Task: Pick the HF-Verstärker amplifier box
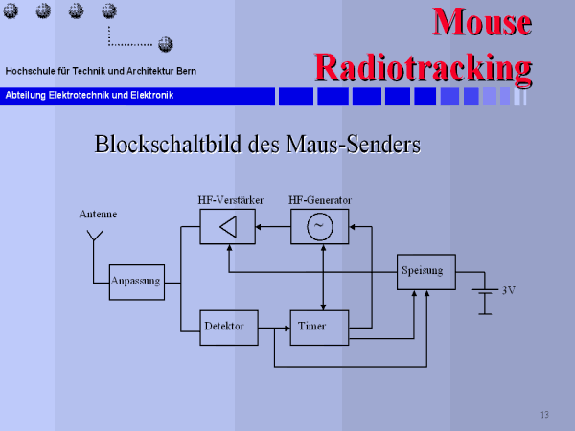[x=227, y=226]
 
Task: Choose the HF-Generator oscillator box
[x=319, y=226]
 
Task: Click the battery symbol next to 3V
[x=486, y=300]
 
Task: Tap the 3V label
[x=509, y=290]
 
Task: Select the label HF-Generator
[x=320, y=200]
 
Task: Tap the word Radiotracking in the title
[x=423, y=67]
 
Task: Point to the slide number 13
[x=544, y=414]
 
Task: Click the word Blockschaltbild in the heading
[x=168, y=146]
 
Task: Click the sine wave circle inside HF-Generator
[x=319, y=226]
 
